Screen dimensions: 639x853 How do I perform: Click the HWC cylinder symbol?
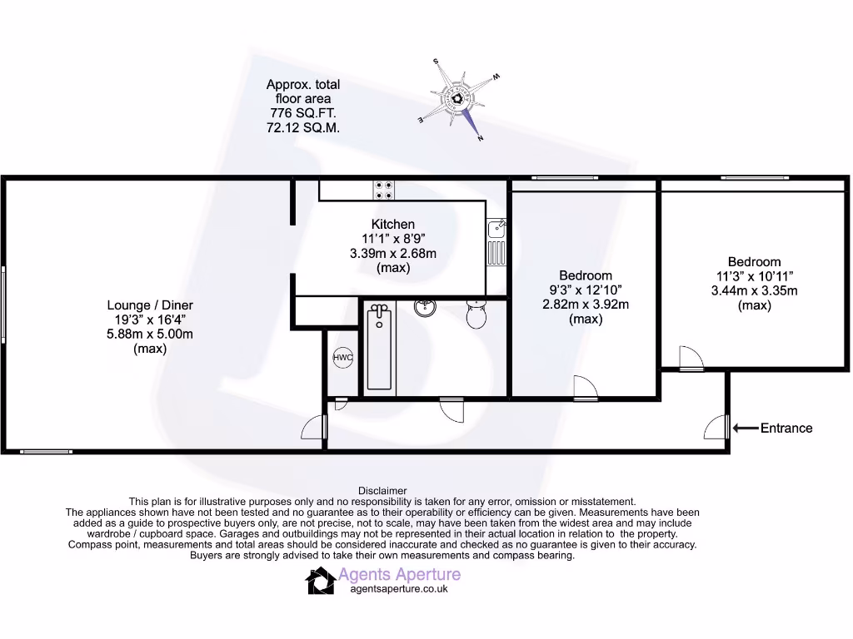342,358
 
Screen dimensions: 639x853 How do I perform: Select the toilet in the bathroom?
476,315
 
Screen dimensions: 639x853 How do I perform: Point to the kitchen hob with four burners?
384,191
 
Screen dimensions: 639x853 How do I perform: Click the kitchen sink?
496,241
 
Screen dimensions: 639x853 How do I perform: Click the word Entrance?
786,428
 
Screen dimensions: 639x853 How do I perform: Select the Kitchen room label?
393,224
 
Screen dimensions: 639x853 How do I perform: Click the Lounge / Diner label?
150,305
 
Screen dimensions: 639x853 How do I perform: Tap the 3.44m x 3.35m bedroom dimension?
755,290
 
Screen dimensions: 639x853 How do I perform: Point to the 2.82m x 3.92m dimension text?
586,304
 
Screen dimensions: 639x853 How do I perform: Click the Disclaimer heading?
382,491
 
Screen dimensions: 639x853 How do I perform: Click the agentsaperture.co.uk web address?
399,588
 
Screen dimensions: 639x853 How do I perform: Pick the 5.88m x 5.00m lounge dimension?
150,334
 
